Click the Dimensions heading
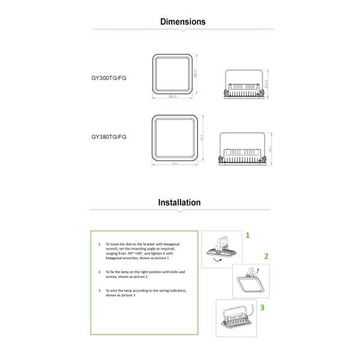pos(182,22)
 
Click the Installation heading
pos(179,202)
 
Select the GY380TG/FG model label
pos(109,136)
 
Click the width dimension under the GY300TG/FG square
pos(172,96)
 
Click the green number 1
pos(247,236)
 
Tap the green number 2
pos(266,256)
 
